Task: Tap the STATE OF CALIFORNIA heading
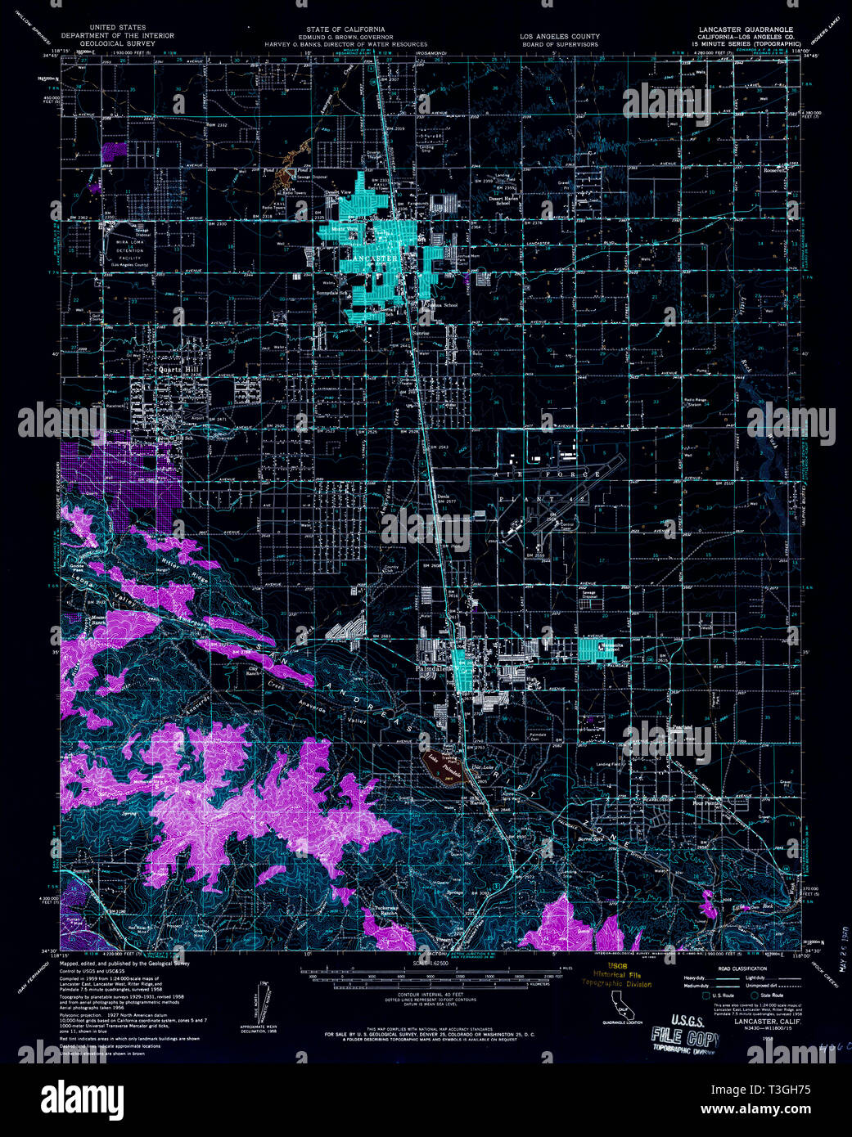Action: click(x=340, y=28)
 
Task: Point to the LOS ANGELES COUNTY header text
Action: click(x=560, y=36)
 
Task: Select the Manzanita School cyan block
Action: click(x=595, y=649)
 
